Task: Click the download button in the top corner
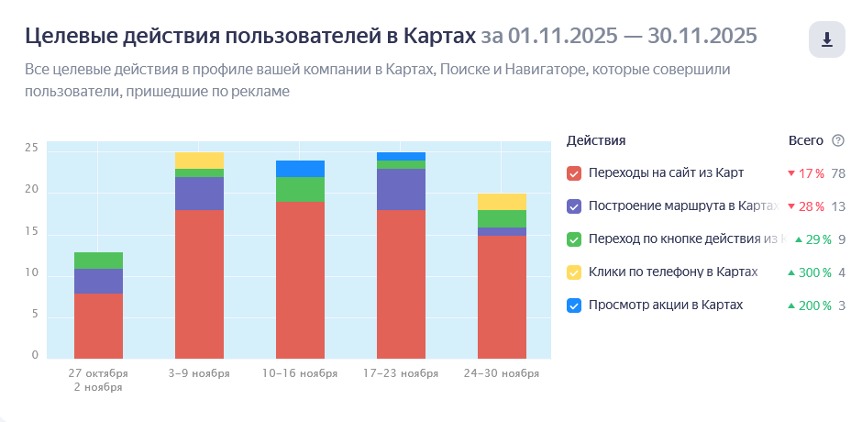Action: (827, 39)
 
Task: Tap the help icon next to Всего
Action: (837, 140)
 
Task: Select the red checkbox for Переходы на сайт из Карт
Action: (575, 172)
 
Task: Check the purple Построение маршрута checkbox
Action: (575, 205)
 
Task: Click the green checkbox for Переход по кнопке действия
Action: (575, 239)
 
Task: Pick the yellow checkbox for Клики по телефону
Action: (575, 272)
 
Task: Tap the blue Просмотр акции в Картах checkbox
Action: (575, 305)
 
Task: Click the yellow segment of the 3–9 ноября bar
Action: (199, 161)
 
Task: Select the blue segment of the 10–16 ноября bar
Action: (300, 169)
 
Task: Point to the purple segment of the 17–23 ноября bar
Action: (401, 189)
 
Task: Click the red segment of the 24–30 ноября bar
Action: (502, 297)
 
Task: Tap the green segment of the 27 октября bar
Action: (98, 261)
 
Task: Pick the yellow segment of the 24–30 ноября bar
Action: (502, 202)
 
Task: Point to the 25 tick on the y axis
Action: (31, 148)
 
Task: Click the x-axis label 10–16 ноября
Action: (300, 374)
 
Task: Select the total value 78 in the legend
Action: (838, 172)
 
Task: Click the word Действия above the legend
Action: (596, 140)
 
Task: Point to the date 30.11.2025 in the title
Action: (702, 36)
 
